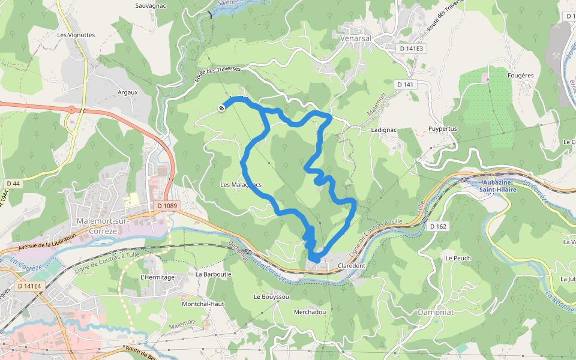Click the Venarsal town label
pyautogui.click(x=356, y=38)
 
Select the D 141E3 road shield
pyautogui.click(x=412, y=49)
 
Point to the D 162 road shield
pyautogui.click(x=439, y=226)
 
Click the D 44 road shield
pyautogui.click(x=13, y=183)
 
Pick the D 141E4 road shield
pyautogui.click(x=29, y=286)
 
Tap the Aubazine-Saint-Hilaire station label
pyautogui.click(x=500, y=186)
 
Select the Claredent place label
pyautogui.click(x=352, y=265)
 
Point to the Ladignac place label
pyautogui.click(x=385, y=130)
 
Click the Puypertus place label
pyautogui.click(x=443, y=129)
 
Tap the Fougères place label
pyautogui.click(x=520, y=76)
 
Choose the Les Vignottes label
pyautogui.click(x=76, y=35)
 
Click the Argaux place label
pyautogui.click(x=128, y=92)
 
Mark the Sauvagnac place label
pyautogui.click(x=151, y=5)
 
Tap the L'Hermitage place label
pyautogui.click(x=157, y=277)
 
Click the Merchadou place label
pyautogui.click(x=310, y=313)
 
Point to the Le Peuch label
pyautogui.click(x=458, y=258)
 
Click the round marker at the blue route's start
pyautogui.click(x=221, y=108)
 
